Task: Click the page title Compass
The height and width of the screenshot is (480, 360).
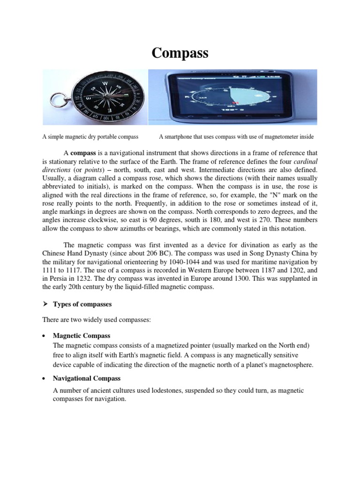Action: pos(180,53)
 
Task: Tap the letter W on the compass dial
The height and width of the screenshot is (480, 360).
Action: pos(105,84)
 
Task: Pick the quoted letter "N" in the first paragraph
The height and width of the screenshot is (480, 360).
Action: pos(270,195)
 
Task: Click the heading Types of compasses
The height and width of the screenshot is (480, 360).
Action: pos(82,304)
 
